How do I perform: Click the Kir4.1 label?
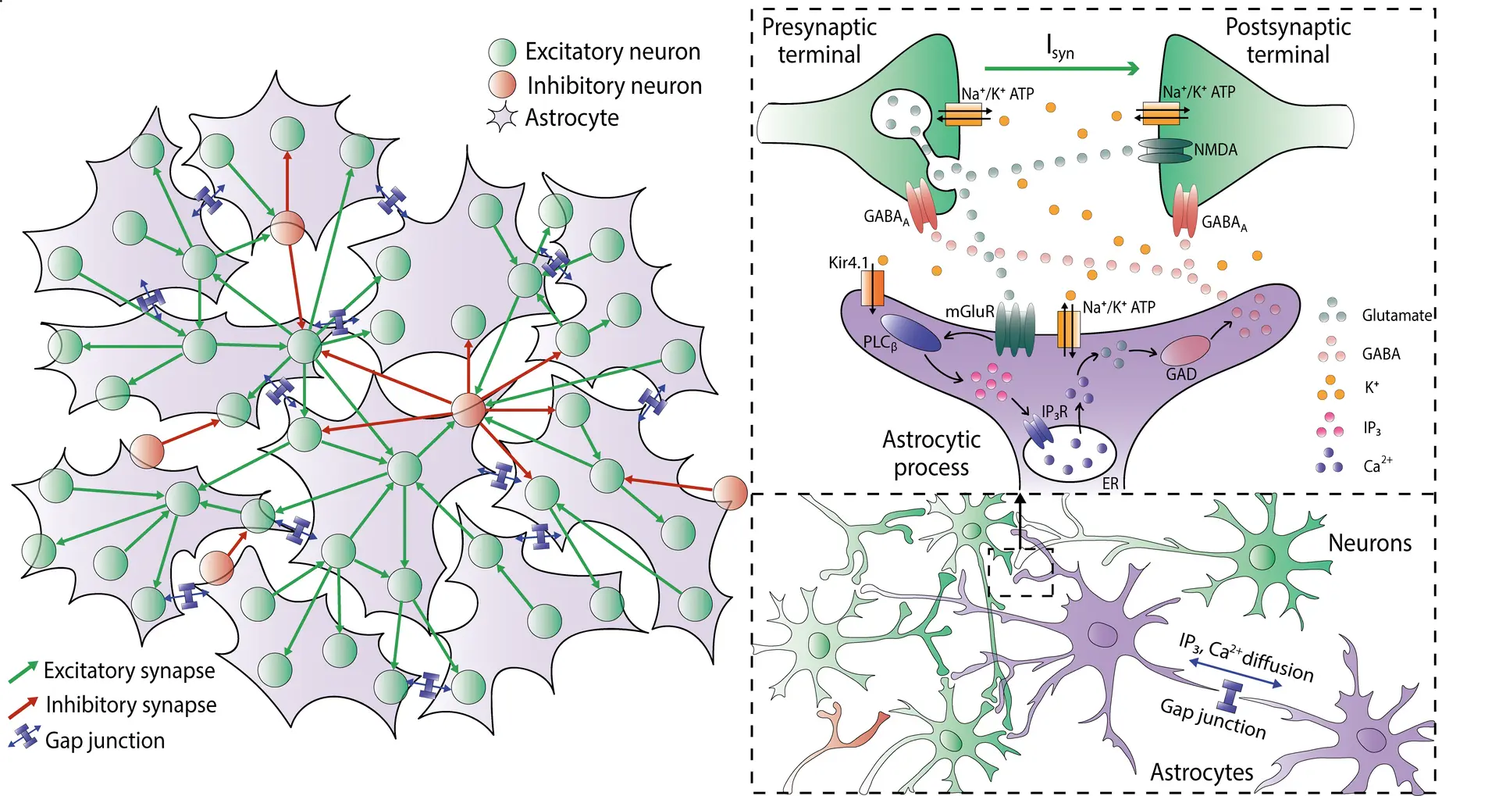coord(848,262)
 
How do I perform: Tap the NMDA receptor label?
coord(1215,149)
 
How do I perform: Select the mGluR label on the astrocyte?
coord(970,311)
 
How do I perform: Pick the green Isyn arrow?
coord(1062,69)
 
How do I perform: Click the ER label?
coord(1110,484)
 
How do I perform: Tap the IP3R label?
coord(1054,412)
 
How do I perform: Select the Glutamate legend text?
coord(1397,315)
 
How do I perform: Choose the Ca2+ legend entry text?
coord(1377,466)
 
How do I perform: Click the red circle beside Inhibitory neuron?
coord(502,84)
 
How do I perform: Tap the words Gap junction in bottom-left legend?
coord(105,740)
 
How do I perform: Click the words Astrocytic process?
coord(931,453)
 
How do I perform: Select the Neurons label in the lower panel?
coord(1369,543)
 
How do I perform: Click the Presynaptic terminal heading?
coord(819,41)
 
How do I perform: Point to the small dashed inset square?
coord(1020,572)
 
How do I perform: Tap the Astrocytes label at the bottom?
coord(1202,772)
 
